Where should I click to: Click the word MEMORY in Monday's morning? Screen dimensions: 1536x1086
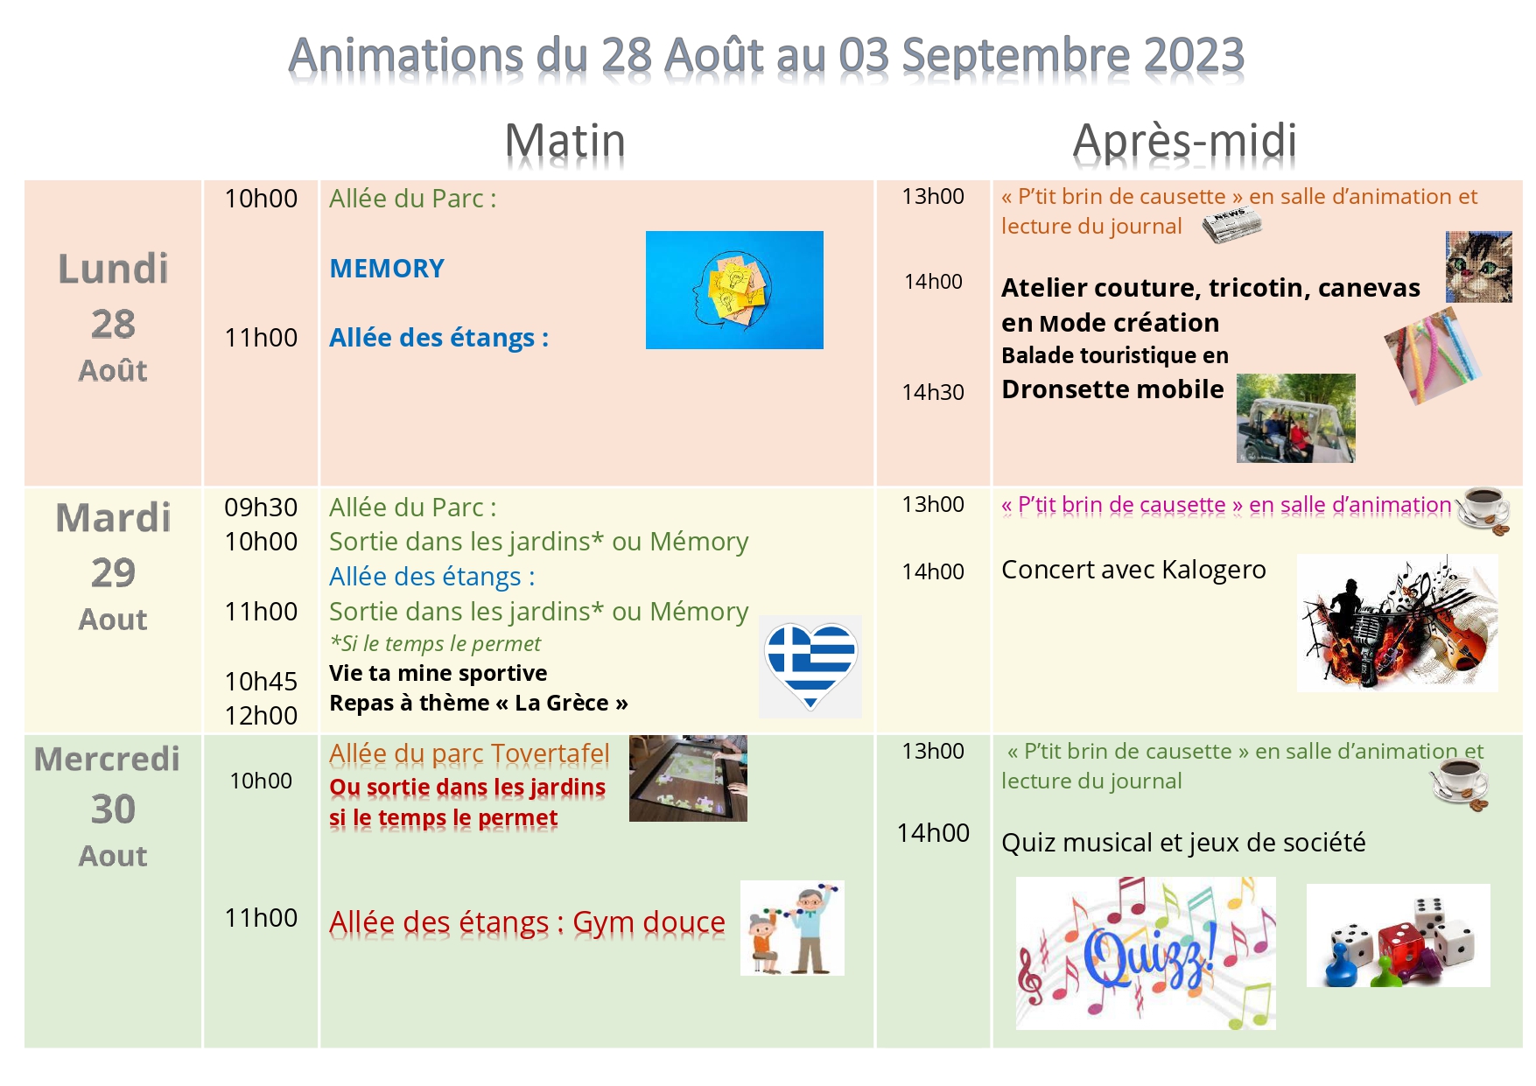387,269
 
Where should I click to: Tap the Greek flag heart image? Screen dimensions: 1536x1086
810,666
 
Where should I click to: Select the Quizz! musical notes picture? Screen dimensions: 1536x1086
1146,953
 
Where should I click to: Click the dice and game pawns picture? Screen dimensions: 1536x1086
1398,935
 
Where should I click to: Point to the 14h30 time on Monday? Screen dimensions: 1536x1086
933,393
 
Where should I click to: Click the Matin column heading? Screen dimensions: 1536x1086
565,141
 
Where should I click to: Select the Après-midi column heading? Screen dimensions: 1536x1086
1184,141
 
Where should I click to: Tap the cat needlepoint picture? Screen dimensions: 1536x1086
1478,267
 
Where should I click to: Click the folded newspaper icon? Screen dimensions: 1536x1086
1231,225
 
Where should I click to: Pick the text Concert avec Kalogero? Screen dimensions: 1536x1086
1133,570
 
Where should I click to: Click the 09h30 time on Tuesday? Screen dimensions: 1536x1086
261,508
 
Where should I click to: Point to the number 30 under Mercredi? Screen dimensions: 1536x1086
113,809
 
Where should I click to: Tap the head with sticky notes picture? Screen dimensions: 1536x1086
734,290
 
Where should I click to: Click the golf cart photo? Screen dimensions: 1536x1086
1295,418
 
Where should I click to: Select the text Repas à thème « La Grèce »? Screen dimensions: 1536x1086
479,703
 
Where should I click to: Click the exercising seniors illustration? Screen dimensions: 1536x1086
792,928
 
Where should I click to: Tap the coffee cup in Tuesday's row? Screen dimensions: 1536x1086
1483,510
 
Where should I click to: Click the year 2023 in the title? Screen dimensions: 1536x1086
1194,56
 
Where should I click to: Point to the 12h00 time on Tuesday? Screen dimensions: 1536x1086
261,716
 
